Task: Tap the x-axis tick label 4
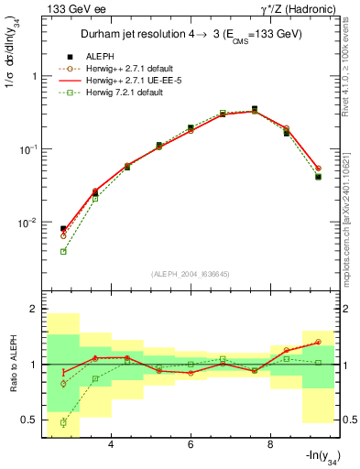click(111, 445)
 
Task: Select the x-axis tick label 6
click(191, 445)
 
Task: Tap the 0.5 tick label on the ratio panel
click(30, 420)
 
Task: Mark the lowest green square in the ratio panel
click(63, 422)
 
